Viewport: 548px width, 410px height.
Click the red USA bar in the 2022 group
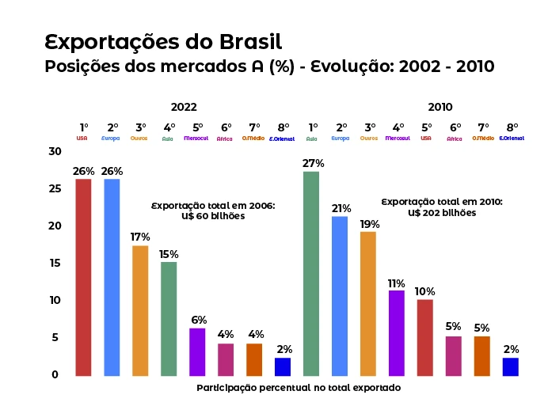pos(83,277)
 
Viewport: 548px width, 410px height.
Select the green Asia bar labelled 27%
pos(311,273)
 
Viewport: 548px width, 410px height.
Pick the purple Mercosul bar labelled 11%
pos(397,332)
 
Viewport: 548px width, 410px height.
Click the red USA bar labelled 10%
pos(425,337)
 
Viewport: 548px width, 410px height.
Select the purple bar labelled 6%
pos(197,351)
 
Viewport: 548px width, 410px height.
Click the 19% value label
pos(369,223)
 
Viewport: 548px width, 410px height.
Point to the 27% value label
pos(313,163)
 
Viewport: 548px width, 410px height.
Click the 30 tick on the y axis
pos(54,151)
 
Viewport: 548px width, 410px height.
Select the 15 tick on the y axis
pos(54,263)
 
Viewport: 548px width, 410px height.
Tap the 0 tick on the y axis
pos(55,374)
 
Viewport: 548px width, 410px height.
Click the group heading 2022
pos(184,107)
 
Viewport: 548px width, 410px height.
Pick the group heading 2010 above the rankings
pos(440,107)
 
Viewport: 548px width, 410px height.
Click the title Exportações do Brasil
pos(163,41)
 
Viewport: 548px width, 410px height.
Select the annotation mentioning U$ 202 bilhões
pos(442,207)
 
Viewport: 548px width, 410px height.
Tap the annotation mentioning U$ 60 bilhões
pos(211,211)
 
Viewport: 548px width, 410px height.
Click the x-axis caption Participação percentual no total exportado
pos(299,388)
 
